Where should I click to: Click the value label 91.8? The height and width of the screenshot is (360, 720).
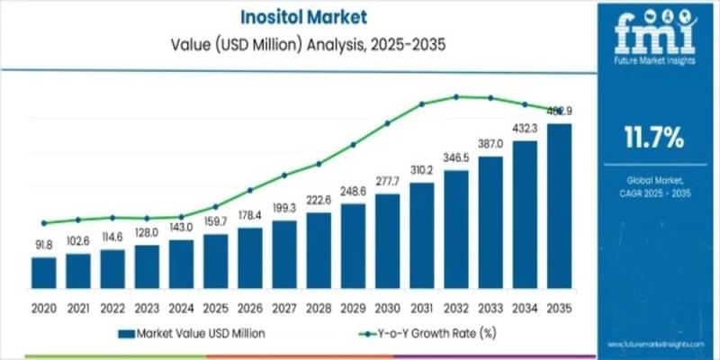click(x=44, y=244)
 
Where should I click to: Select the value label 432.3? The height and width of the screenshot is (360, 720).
click(x=525, y=130)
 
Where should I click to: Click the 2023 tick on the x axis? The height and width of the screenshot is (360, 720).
click(x=147, y=309)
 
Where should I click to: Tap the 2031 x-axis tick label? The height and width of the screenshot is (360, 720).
click(x=421, y=309)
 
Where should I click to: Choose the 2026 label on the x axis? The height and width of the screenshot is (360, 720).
click(x=249, y=309)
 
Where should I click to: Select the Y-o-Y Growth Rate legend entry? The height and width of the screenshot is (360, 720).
click(x=431, y=333)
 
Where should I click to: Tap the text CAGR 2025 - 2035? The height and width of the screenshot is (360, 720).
click(x=654, y=192)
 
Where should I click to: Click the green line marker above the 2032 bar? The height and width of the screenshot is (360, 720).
click(x=456, y=96)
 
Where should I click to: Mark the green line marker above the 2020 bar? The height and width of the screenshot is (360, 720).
click(x=44, y=222)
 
